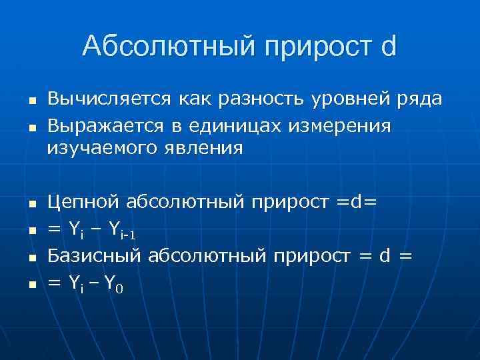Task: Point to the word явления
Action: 207,148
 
